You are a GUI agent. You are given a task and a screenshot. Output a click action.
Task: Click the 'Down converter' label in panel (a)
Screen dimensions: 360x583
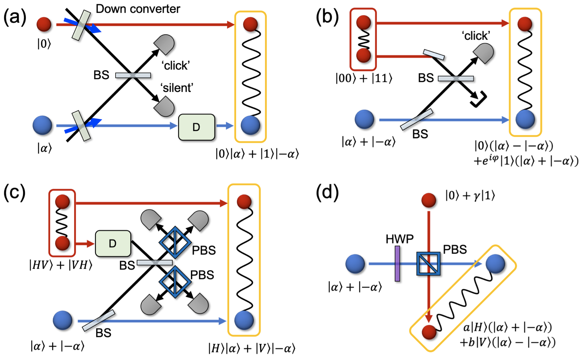(x=138, y=9)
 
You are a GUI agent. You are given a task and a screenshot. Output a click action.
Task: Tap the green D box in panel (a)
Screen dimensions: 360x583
(x=197, y=127)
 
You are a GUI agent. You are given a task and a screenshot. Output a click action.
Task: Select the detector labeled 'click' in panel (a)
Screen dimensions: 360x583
(x=165, y=45)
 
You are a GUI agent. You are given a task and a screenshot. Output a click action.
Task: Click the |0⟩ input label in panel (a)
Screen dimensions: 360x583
(x=44, y=44)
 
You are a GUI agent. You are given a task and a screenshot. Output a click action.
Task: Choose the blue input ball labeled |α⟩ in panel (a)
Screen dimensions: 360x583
(x=43, y=125)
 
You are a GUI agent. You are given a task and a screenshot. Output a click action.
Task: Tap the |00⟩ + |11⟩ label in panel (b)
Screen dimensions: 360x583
(x=364, y=78)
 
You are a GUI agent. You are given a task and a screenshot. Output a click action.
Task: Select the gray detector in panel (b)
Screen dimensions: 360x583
(x=484, y=53)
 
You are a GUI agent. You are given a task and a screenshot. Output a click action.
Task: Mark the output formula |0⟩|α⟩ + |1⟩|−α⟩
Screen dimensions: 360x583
(x=257, y=154)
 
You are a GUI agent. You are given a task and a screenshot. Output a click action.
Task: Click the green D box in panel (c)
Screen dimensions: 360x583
(x=113, y=244)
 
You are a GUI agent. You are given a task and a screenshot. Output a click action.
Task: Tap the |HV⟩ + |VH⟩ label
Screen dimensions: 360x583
(x=61, y=265)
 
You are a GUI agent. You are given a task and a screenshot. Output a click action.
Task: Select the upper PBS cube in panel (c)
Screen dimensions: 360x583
(x=175, y=243)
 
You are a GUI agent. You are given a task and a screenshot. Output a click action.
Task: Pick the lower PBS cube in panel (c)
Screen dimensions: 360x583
(x=175, y=282)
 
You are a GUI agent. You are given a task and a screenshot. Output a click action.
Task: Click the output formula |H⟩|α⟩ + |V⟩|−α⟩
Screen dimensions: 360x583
(x=252, y=348)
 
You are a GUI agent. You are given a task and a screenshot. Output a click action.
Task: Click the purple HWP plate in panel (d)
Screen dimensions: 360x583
(x=397, y=264)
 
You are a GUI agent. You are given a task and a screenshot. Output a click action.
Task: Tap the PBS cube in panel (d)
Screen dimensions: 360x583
(x=428, y=264)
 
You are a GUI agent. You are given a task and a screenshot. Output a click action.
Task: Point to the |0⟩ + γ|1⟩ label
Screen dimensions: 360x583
(x=470, y=196)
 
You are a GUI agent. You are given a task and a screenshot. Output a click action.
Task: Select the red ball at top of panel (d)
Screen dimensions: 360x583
(x=429, y=200)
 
